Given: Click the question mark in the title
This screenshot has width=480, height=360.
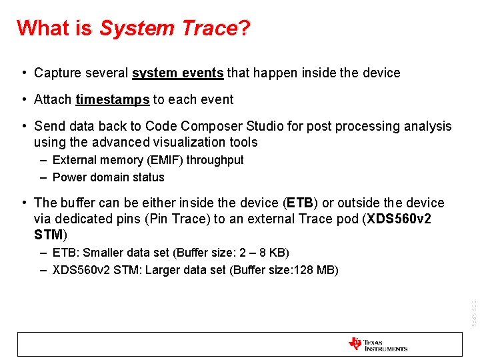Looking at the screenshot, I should tap(245, 28).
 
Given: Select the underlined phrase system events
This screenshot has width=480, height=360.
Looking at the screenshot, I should tap(178, 73).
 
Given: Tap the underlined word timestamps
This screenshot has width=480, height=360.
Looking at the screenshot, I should tap(112, 99).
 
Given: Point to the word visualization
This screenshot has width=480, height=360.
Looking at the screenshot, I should tap(183, 142).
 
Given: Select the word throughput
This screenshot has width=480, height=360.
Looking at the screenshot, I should tap(215, 160).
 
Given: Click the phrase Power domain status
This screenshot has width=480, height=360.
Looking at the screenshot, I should tap(108, 177).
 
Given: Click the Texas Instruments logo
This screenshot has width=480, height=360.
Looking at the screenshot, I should tap(377, 345).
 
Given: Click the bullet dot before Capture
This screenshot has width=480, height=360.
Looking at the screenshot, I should tap(23, 73).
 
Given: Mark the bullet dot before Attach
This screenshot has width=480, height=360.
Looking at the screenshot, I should tap(23, 99).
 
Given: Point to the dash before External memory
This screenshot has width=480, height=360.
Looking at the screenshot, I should tap(43, 160).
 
